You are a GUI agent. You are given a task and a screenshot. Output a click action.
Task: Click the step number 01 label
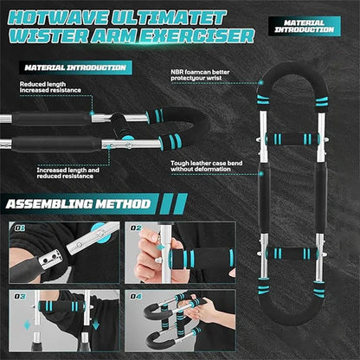click(20, 230)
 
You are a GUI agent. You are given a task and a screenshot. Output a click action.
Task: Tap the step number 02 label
click(137, 230)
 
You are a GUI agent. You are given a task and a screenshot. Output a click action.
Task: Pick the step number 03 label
click(20, 297)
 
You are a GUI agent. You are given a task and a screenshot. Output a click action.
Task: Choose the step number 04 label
click(137, 297)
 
